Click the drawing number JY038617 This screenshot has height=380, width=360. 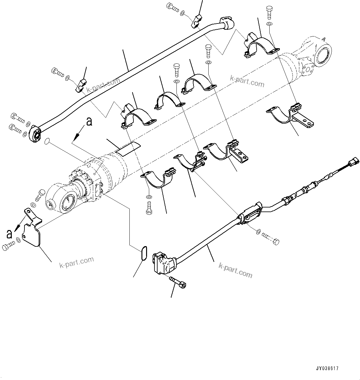click(327, 369)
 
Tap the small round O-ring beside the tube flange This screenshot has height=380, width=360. click(47, 142)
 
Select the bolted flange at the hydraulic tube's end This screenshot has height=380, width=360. click(36, 134)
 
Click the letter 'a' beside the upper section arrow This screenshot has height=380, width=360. click(89, 122)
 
